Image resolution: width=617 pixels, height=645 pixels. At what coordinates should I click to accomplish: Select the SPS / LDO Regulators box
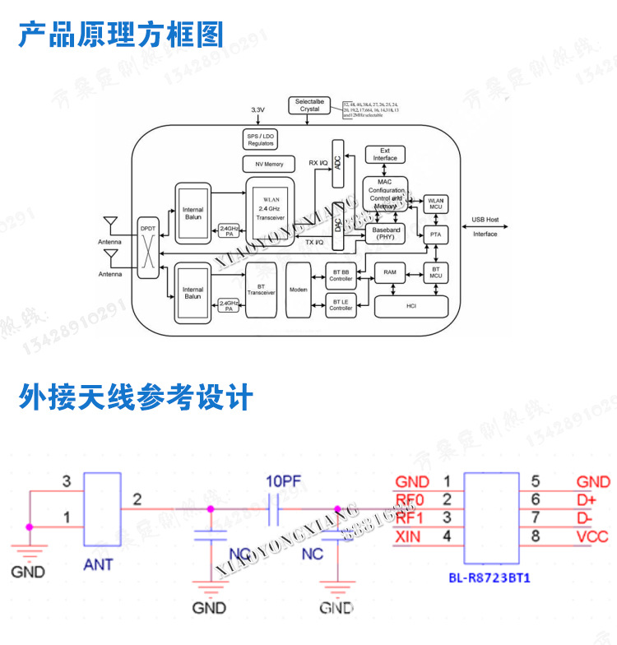pyautogui.click(x=261, y=140)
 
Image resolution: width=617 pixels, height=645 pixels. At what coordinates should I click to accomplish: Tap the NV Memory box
pyautogui.click(x=262, y=165)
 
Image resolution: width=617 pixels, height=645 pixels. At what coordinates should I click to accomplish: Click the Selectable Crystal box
pyautogui.click(x=309, y=105)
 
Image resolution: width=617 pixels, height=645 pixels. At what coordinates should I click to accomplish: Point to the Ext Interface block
pyautogui.click(x=385, y=155)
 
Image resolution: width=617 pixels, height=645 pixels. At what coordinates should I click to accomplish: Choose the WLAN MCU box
pyautogui.click(x=435, y=203)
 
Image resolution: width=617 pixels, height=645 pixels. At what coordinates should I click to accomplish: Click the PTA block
pyautogui.click(x=435, y=234)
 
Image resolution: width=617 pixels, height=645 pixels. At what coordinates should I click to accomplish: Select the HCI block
pyautogui.click(x=411, y=306)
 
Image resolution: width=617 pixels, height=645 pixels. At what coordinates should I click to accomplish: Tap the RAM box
pyautogui.click(x=390, y=271)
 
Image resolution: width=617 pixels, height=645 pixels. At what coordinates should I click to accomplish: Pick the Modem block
pyautogui.click(x=298, y=289)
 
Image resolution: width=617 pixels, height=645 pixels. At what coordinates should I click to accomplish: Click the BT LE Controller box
pyautogui.click(x=341, y=305)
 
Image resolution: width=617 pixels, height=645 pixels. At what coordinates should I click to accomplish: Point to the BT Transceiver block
pyautogui.click(x=260, y=289)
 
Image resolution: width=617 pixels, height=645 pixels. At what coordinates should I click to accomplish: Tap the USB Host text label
pyautogui.click(x=485, y=220)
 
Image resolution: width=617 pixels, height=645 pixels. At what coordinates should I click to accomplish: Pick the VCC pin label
pyautogui.click(x=592, y=536)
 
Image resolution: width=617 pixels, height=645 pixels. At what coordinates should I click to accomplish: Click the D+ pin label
pyautogui.click(x=586, y=499)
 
